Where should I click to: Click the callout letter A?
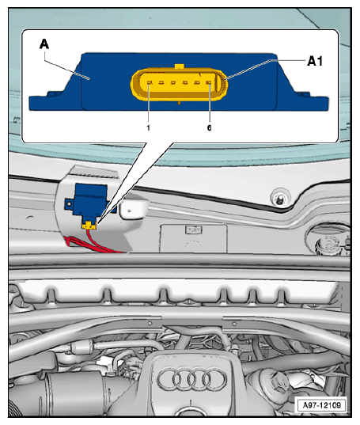click(x=44, y=44)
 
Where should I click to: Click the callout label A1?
click(x=315, y=61)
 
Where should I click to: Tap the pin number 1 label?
click(x=148, y=127)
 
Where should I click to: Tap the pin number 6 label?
click(x=209, y=127)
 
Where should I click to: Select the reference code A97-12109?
click(x=321, y=405)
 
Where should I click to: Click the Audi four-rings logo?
click(x=191, y=378)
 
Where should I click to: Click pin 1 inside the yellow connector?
click(x=149, y=82)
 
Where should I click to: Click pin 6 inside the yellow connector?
click(x=209, y=82)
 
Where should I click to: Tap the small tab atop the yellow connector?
click(x=180, y=66)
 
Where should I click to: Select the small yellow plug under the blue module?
click(x=89, y=225)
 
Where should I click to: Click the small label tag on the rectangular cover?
click(x=193, y=230)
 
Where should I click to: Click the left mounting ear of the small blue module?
click(x=70, y=203)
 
